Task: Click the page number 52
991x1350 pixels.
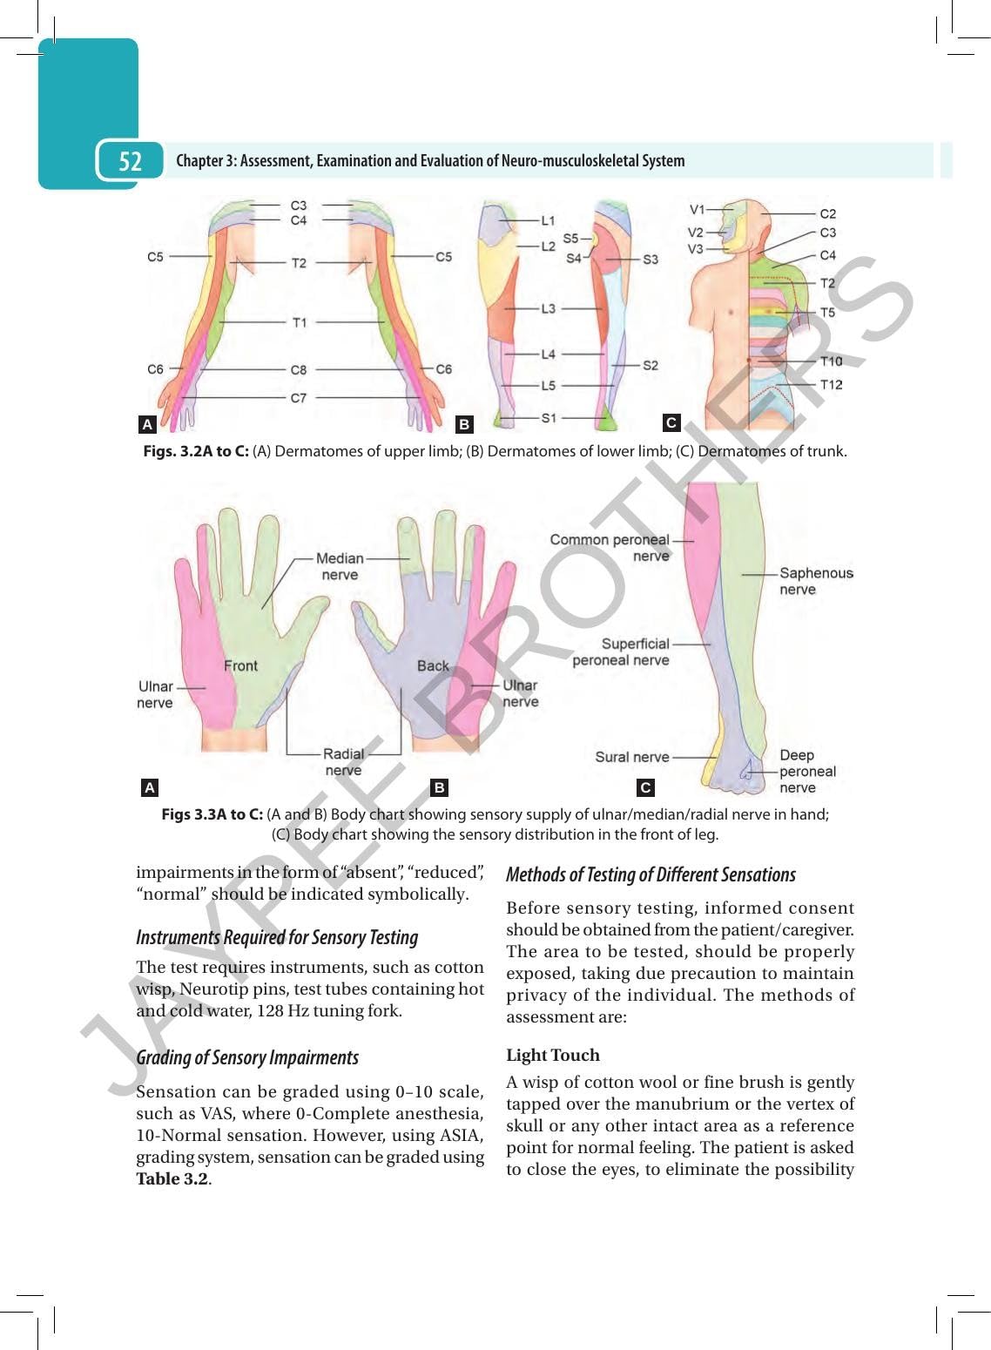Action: pos(130,161)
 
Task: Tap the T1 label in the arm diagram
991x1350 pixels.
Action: pos(300,323)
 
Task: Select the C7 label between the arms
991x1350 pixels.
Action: pos(299,398)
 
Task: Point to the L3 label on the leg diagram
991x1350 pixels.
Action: pos(548,309)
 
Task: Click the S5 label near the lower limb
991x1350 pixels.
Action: pos(570,239)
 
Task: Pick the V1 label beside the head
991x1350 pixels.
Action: pos(697,210)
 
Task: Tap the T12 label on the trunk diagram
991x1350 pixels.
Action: pos(832,384)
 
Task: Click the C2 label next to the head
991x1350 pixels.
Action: pos(828,214)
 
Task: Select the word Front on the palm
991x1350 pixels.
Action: pos(240,666)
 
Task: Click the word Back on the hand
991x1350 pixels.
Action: pos(433,666)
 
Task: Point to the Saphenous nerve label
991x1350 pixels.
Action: pos(816,581)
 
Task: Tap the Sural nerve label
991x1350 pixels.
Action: pos(632,757)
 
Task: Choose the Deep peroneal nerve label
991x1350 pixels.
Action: pos(807,772)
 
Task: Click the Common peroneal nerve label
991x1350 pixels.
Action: pos(610,548)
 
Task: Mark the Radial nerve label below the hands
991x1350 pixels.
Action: pos(343,762)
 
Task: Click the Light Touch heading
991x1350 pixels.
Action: pos(553,1055)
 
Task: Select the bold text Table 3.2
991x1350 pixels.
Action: pos(172,1178)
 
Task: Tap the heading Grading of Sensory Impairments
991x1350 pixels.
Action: pos(247,1057)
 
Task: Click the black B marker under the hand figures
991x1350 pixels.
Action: pos(440,787)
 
